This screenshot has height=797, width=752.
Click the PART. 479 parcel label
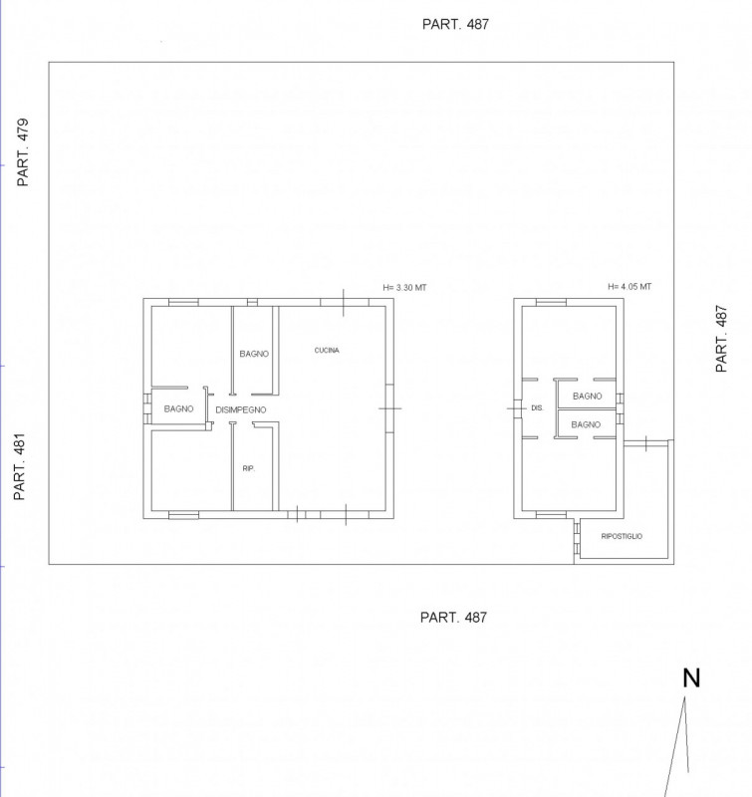tap(23, 152)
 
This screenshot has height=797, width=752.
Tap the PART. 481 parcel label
tap(19, 466)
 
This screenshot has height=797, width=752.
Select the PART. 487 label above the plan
tap(455, 24)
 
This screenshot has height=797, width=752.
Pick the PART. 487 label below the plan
tap(453, 618)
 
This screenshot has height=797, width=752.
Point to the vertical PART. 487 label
tap(721, 339)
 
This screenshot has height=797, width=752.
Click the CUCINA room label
tap(327, 351)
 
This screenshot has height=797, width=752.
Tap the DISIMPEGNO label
tap(241, 409)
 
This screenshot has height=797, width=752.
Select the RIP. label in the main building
tap(248, 468)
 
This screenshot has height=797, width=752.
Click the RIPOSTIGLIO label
tap(622, 536)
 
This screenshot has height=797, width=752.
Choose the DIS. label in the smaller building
tap(537, 407)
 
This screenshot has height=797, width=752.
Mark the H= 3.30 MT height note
tap(404, 288)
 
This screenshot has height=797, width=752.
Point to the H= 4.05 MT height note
tap(629, 287)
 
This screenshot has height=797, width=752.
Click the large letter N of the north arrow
tap(691, 678)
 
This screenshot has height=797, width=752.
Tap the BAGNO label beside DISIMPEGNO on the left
tap(179, 408)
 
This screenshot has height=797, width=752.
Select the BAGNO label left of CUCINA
tap(254, 354)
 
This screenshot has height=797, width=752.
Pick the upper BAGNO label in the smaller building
tap(588, 396)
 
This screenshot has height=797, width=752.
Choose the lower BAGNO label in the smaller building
tap(586, 424)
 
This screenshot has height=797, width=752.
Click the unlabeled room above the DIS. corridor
tap(569, 342)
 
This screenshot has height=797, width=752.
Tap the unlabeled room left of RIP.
tap(191, 470)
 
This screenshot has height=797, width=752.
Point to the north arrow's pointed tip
tap(684, 696)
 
